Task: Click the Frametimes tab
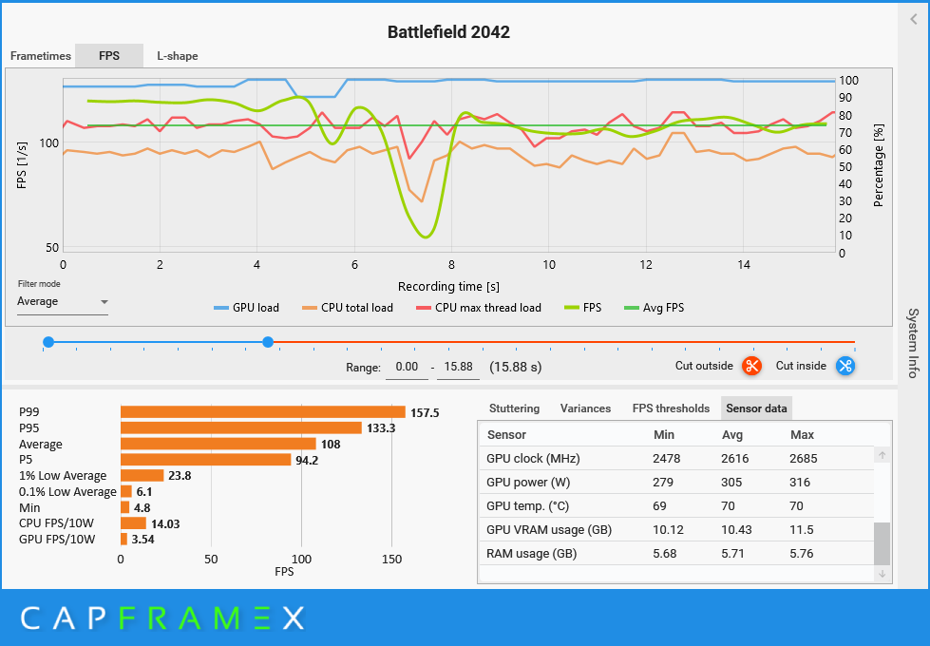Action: (41, 56)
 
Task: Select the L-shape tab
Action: (177, 56)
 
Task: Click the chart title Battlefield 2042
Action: (448, 32)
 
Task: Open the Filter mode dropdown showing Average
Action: (63, 302)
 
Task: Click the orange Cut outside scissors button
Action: (751, 366)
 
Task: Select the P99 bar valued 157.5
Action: (262, 412)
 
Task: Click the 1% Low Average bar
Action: (142, 475)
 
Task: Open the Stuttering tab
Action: (514, 408)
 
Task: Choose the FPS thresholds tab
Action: (671, 408)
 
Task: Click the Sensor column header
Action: (506, 435)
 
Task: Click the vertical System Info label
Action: (913, 343)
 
